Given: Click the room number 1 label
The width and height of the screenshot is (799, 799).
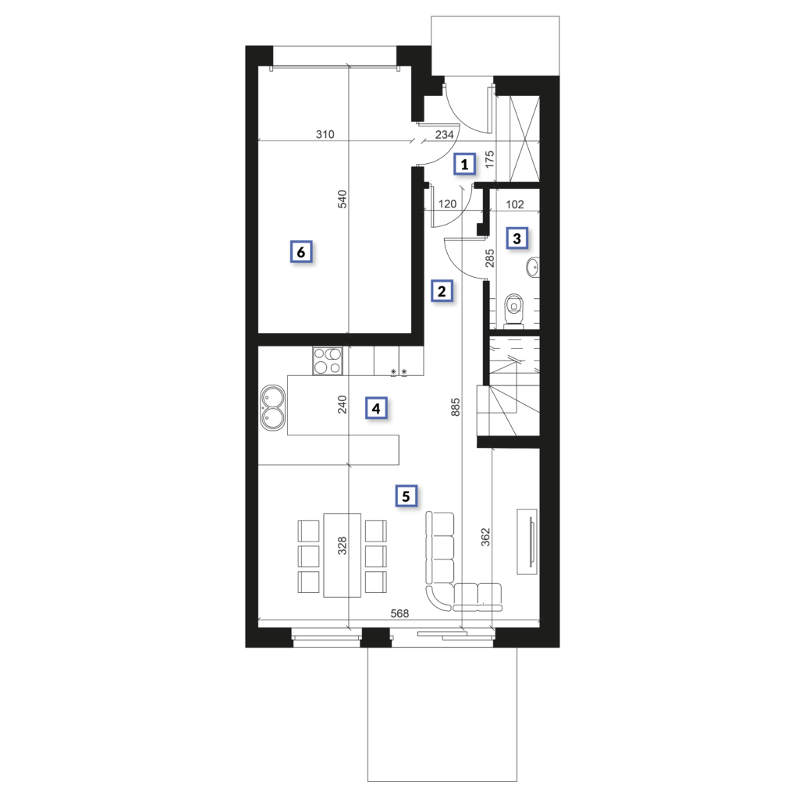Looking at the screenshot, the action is (x=464, y=164).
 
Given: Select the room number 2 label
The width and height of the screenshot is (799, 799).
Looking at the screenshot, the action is (x=442, y=291).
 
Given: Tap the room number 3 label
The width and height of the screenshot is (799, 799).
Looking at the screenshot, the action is (x=517, y=238).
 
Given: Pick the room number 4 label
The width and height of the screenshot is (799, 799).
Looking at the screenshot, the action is (x=376, y=408).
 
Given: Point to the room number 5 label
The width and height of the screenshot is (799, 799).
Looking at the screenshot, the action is (x=406, y=495).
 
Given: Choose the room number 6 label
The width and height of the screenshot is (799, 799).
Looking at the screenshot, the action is (x=301, y=252).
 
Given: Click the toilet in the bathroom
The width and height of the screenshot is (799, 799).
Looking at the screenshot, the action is (x=513, y=310).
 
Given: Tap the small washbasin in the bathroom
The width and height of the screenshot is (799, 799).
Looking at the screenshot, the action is (x=533, y=267).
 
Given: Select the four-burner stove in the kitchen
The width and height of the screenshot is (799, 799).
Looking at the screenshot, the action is (x=328, y=360).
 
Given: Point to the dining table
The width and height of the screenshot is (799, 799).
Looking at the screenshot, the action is (x=343, y=555).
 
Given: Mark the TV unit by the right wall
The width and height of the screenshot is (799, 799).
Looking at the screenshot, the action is (x=528, y=542).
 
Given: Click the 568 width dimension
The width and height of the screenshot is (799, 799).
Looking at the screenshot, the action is (x=399, y=613).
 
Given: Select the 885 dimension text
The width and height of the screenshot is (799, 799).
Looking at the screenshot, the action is (x=456, y=407).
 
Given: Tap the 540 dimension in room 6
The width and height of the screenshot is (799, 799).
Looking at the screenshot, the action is (x=343, y=199).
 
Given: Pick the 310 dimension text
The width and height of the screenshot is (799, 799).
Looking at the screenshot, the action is (x=325, y=134).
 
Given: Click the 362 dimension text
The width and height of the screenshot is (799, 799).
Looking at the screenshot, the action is (x=485, y=537).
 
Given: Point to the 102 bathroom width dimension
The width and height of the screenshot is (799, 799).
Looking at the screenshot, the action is (x=515, y=204).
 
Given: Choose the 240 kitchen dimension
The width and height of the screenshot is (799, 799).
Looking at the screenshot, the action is (x=343, y=405).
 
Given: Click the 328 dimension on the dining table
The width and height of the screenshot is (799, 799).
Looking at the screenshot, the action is (x=343, y=545).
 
